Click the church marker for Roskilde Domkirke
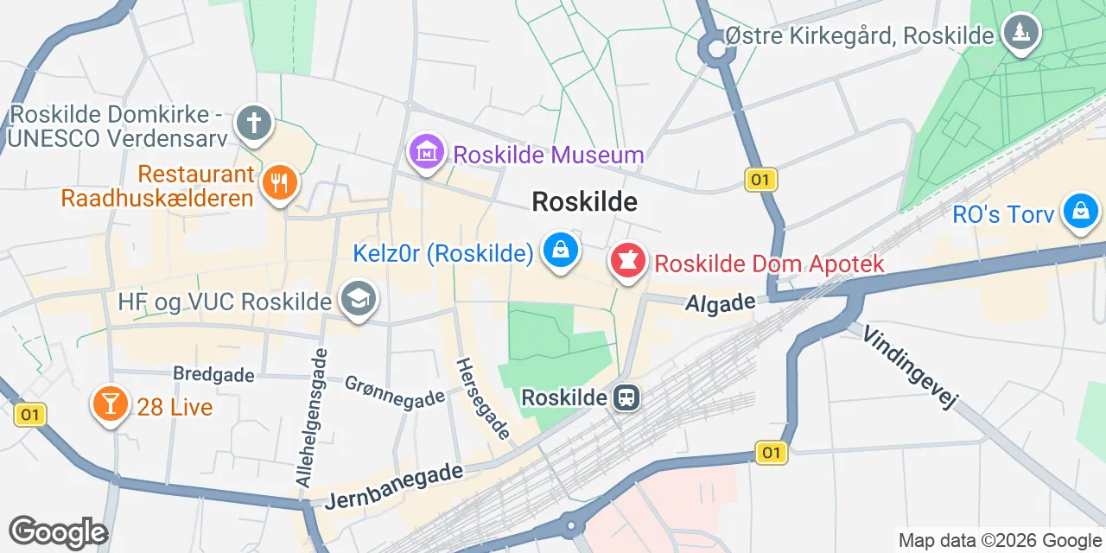254,124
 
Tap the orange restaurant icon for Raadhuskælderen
278,182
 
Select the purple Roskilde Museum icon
425,153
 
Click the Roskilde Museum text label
549,156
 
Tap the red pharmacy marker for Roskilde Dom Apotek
628,260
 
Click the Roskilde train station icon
625,397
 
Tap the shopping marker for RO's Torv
1080,211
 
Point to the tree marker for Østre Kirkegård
1021,32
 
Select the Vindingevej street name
911,367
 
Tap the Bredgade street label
213,374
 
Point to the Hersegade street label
483,398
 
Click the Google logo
58,532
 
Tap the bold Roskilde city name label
585,201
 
